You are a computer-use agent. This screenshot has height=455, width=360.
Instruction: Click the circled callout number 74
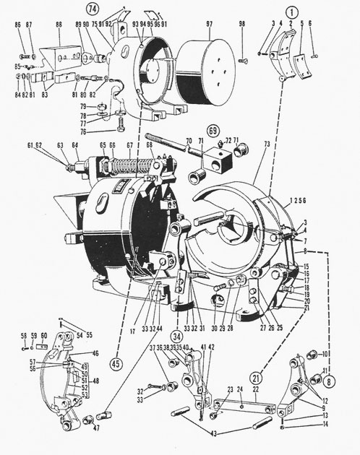click(x=114, y=9)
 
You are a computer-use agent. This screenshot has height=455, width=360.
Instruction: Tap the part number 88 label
click(x=58, y=25)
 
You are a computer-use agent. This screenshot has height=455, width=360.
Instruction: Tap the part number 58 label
click(x=23, y=335)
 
